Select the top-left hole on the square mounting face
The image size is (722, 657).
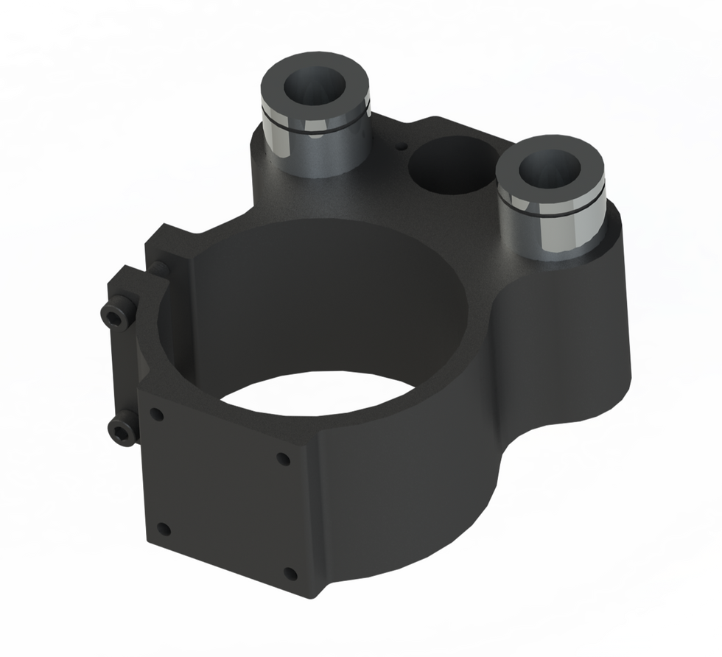[x=156, y=414]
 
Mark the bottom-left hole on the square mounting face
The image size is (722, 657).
[x=164, y=529]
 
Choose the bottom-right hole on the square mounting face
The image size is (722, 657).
[x=290, y=574]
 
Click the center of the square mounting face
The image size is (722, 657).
[x=224, y=493]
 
